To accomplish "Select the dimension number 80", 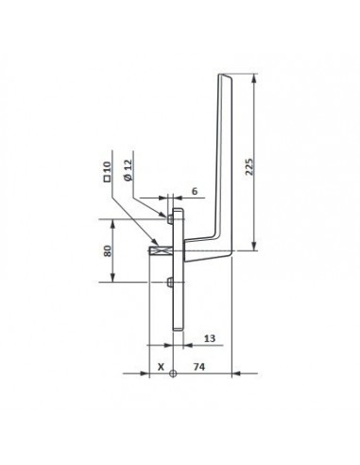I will pyautogui.click(x=107, y=250).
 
